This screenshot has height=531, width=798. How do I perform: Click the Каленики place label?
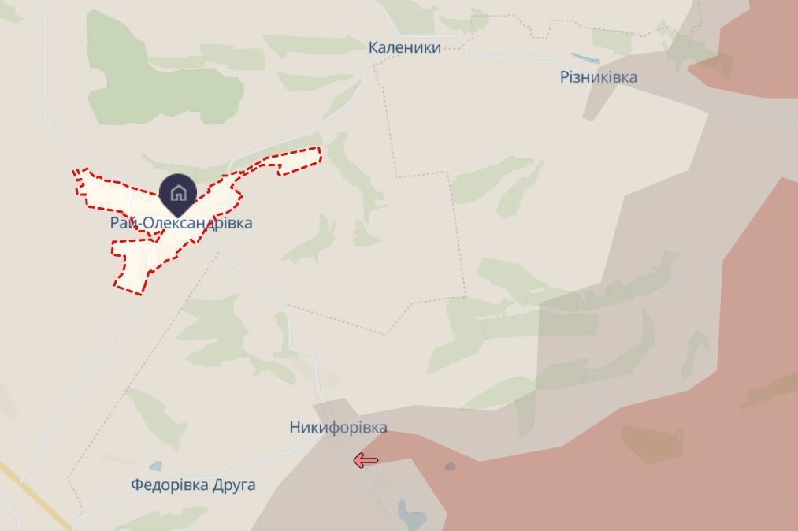coord(404,48)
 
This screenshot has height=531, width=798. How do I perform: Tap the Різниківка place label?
coord(598,77)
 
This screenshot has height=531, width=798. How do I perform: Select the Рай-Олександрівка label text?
coord(181,224)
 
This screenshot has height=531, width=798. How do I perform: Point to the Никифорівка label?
coord(338,428)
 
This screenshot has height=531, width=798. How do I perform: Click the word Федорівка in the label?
coord(169,485)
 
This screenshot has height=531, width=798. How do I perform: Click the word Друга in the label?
coord(234,485)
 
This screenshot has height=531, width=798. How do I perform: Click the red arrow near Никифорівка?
coord(366,461)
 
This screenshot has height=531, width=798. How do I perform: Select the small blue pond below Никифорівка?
coord(411,514)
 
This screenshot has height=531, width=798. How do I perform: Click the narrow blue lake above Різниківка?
coord(585,58)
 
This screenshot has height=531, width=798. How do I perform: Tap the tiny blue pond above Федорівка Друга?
coord(156,466)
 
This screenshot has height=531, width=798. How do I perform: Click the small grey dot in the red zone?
coord(450,466)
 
